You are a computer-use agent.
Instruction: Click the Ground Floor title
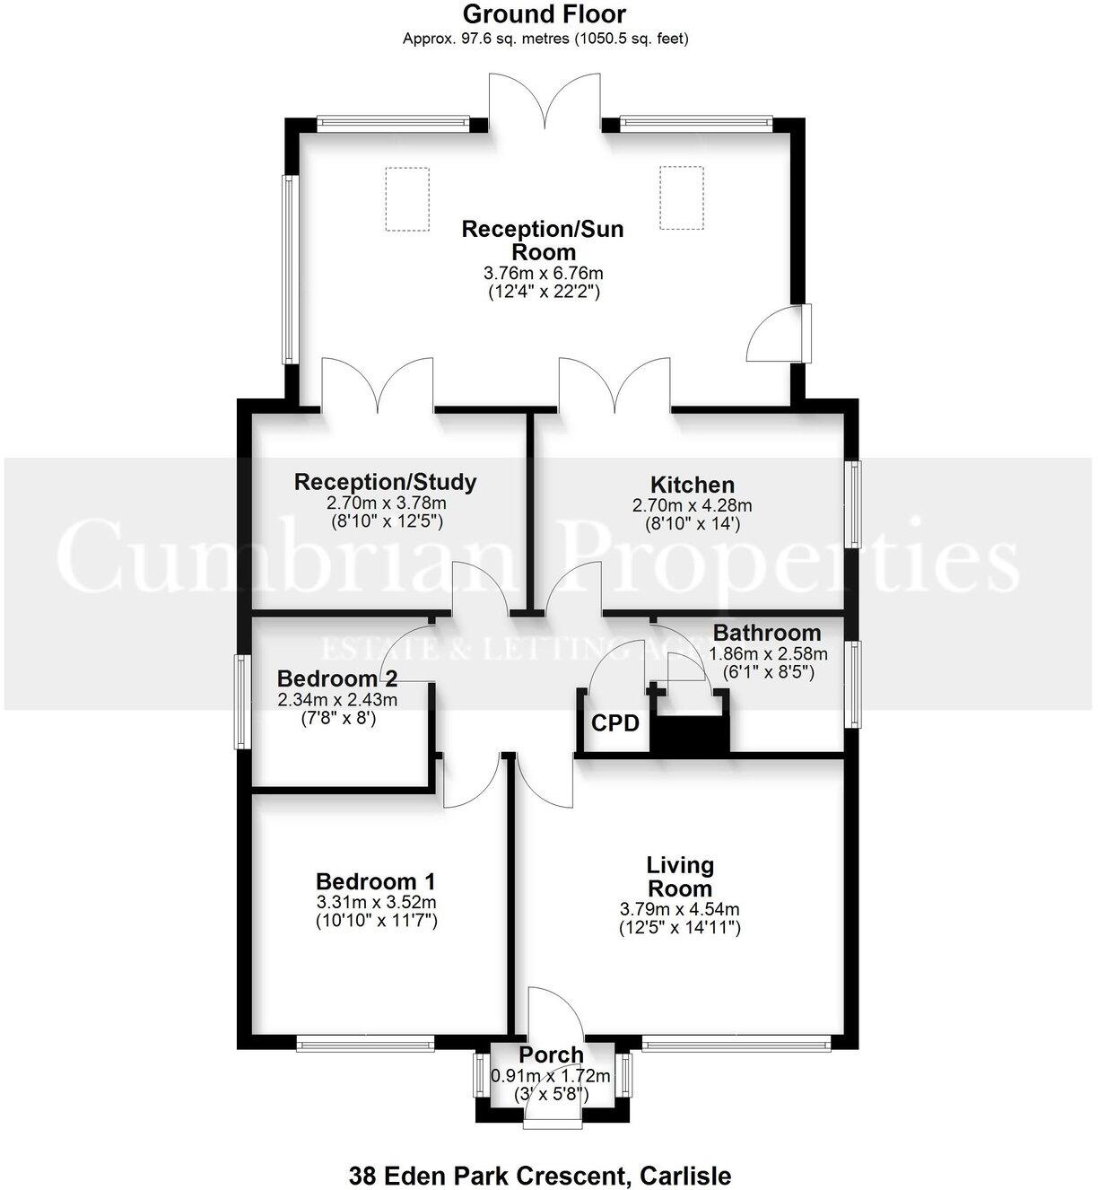(545, 14)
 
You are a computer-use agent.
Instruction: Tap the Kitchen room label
(692, 486)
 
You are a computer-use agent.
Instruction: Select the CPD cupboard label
(615, 723)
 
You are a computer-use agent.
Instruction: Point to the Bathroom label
(767, 633)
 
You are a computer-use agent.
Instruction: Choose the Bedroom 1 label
(376, 881)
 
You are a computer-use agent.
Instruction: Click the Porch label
(551, 1055)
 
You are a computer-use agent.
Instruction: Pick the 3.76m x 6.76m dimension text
(543, 273)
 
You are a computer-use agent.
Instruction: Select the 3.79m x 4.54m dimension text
(679, 909)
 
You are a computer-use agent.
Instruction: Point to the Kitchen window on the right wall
(855, 503)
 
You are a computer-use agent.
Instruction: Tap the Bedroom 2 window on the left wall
(240, 702)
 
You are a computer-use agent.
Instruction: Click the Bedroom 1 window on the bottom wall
(364, 1043)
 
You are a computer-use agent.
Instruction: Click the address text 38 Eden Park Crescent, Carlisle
(539, 1176)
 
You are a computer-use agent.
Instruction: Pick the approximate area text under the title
(545, 39)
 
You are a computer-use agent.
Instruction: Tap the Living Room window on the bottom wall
(736, 1043)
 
